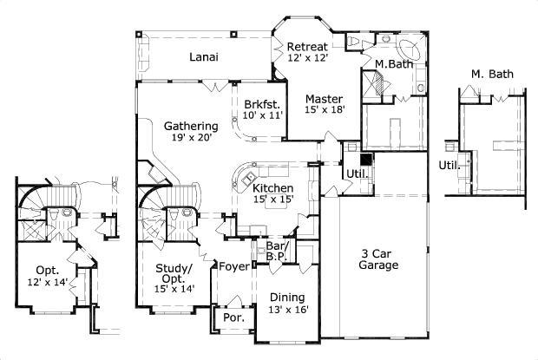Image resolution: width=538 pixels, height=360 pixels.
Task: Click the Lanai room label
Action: point(203,57)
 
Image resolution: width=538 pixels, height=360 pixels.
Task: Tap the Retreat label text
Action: point(308,46)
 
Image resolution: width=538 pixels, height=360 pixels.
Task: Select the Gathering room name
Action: point(191,126)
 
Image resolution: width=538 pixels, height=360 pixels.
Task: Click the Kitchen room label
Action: point(272,188)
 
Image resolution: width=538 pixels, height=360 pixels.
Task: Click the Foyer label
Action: point(233,266)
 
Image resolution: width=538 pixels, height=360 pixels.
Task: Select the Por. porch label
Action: point(234,317)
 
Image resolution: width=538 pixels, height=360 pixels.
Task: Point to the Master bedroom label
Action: point(323,99)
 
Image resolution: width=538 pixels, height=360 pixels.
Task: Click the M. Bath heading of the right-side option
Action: point(492,75)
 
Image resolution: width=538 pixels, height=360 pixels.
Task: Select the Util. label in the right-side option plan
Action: point(449,164)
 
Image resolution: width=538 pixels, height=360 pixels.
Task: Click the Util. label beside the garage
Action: point(356,173)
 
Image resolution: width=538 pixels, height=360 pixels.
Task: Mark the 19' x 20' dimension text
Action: point(191,137)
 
